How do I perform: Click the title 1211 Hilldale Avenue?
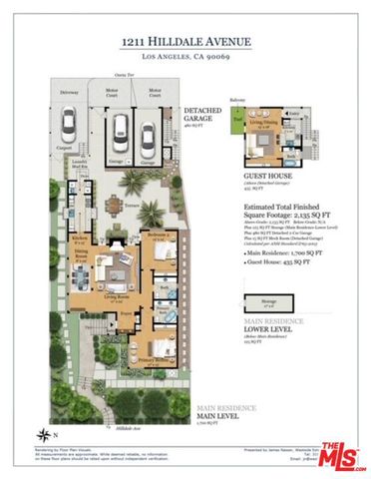click(x=185, y=40)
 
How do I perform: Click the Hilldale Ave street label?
click(x=128, y=427)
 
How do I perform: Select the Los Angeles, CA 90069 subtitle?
click(x=185, y=57)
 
